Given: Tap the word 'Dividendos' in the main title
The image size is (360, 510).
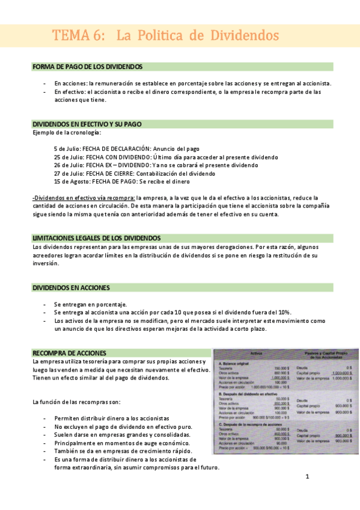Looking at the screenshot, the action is pos(245,35).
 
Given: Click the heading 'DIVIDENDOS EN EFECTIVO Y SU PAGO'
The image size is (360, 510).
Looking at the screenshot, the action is pos(87,124).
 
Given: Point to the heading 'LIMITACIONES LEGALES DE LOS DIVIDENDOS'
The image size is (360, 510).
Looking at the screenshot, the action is pos(96,238).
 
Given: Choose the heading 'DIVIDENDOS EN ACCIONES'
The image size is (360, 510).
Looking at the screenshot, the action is pos(71,288).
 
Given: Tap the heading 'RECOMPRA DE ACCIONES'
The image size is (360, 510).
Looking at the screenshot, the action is pos(69,352).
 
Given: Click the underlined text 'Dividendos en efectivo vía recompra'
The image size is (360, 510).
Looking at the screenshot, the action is pos(84,197).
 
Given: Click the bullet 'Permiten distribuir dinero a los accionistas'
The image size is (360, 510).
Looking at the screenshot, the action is pos(111,418).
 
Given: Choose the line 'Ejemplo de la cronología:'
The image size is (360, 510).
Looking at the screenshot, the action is pos(67,132).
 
